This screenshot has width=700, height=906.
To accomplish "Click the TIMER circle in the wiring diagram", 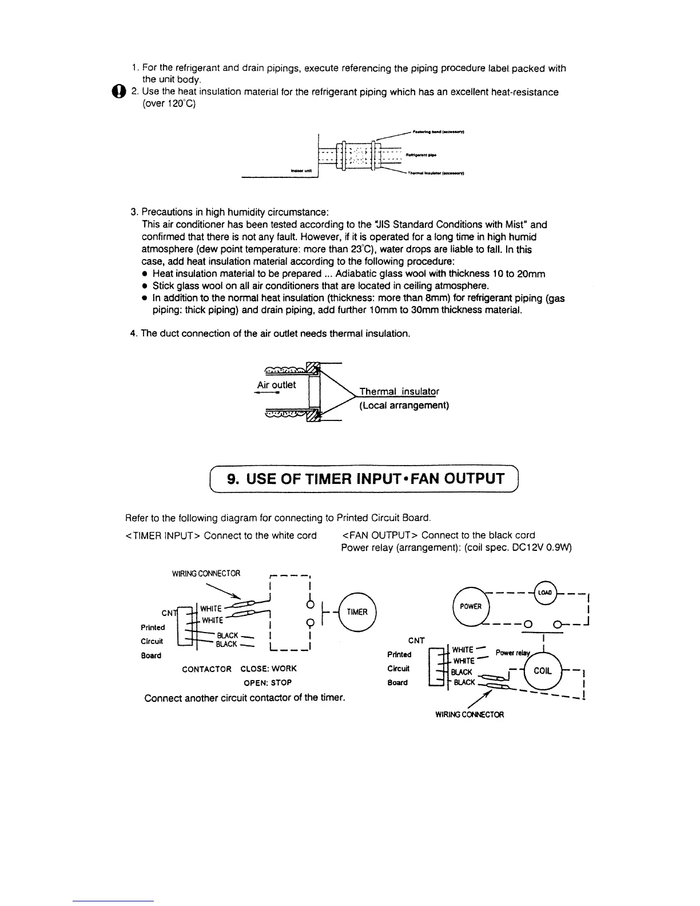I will (x=357, y=611).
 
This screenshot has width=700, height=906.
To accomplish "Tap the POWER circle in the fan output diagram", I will (x=471, y=606).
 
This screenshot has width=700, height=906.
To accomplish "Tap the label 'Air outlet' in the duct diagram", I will (x=277, y=384).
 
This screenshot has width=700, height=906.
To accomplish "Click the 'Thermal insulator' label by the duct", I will (x=399, y=392).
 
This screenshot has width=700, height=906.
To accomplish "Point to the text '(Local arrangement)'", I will (x=404, y=406).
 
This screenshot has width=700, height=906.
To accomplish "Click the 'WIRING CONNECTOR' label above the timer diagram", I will (x=206, y=573).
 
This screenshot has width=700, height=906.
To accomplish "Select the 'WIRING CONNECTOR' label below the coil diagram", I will (x=470, y=714).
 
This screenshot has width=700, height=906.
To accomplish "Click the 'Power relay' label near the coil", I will (x=512, y=653).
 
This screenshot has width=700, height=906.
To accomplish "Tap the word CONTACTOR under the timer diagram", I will (x=206, y=669).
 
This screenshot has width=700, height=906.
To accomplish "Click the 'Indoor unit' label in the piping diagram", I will (x=300, y=170).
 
